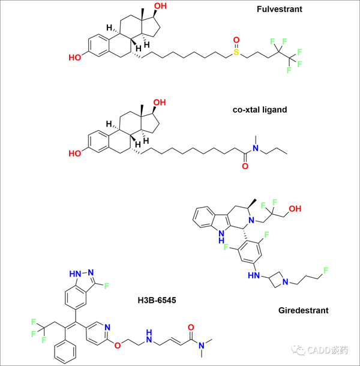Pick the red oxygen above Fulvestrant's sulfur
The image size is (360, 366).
click(236, 40)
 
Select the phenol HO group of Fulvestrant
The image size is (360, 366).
click(75, 58)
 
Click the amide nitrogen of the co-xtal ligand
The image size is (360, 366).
click(255, 148)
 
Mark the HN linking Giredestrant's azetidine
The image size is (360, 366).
click(253, 275)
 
